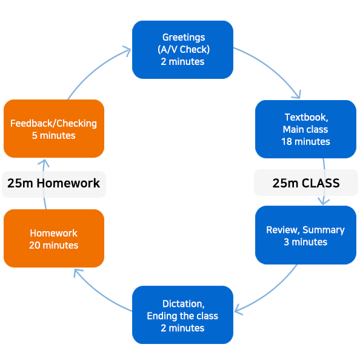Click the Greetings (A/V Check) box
point(182,50)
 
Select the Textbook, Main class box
point(305,129)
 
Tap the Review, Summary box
point(305,235)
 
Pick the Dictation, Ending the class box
point(182,315)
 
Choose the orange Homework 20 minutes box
point(54,238)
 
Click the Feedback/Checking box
point(54,129)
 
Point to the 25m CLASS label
point(306,183)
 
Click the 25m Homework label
point(54,183)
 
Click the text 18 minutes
point(305,141)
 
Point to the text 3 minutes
point(305,242)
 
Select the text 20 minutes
point(53,245)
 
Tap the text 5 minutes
point(53,135)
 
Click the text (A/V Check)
point(184,50)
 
